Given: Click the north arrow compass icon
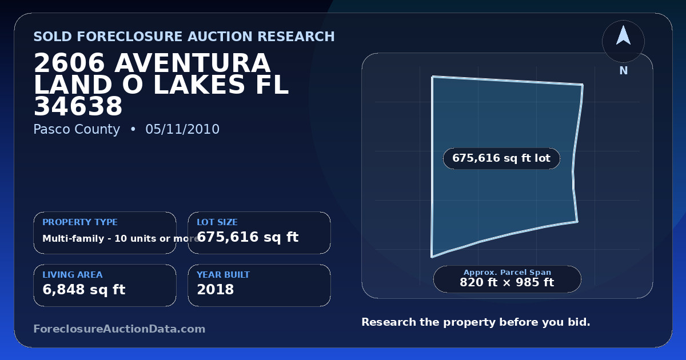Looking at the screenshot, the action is pyautogui.click(x=623, y=41).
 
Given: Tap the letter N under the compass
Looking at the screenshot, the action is pyautogui.click(x=624, y=71).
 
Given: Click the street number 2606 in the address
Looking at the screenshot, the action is pyautogui.click(x=69, y=63).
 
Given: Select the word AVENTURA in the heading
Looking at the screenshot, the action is pyautogui.click(x=192, y=63).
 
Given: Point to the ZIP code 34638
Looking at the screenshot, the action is pyautogui.click(x=78, y=106).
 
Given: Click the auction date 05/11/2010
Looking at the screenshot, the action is pyautogui.click(x=182, y=129).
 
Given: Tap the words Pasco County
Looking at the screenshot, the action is pyautogui.click(x=77, y=130).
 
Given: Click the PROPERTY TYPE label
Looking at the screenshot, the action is pyautogui.click(x=80, y=222).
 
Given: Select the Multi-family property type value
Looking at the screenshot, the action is pyautogui.click(x=121, y=238).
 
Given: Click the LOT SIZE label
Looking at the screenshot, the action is pyautogui.click(x=217, y=222).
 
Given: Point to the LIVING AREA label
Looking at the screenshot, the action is pyautogui.click(x=73, y=275).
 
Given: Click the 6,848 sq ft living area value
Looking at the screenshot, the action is pyautogui.click(x=84, y=290).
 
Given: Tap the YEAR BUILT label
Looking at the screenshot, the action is pyautogui.click(x=224, y=275).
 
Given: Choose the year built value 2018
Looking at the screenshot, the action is pyautogui.click(x=216, y=290).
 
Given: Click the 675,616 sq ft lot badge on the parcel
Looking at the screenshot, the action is pyautogui.click(x=502, y=158).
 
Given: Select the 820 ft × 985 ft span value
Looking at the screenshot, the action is pyautogui.click(x=507, y=282).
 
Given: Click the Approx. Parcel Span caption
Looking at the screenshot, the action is pyautogui.click(x=507, y=272).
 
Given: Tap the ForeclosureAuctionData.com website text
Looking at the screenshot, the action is pyautogui.click(x=119, y=329).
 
